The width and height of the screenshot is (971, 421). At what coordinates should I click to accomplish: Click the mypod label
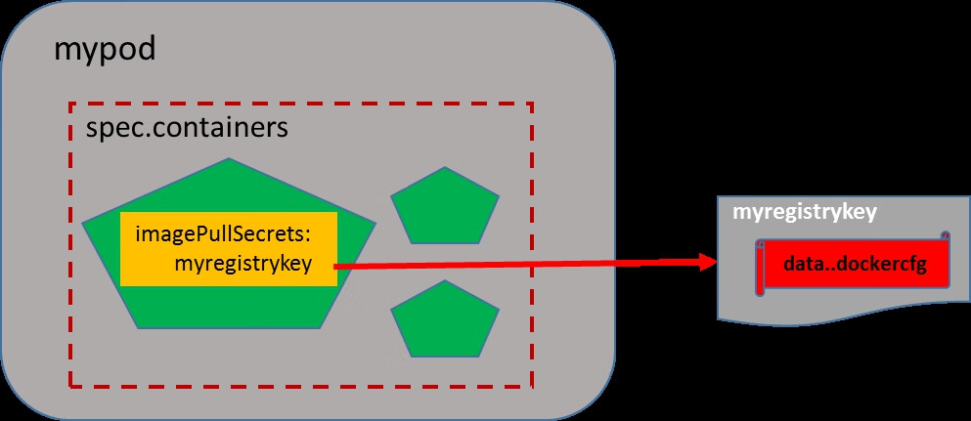tap(105, 50)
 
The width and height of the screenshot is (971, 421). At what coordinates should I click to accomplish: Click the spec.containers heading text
tap(187, 128)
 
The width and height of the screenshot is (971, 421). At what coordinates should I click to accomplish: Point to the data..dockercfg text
tap(854, 264)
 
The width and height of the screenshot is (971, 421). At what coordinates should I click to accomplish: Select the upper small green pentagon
tap(445, 207)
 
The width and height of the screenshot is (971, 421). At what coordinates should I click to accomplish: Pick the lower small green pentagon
tap(445, 322)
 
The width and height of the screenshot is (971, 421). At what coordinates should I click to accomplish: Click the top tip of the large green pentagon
tap(229, 159)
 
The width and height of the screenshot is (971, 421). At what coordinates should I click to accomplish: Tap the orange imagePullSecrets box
tap(228, 248)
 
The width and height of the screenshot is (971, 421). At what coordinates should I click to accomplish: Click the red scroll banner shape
tap(852, 264)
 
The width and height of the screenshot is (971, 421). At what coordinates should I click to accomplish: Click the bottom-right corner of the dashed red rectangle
tap(532, 386)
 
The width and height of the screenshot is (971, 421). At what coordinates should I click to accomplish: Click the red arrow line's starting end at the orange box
tap(338, 266)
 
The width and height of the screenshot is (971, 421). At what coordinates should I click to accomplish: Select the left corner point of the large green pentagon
tap(84, 224)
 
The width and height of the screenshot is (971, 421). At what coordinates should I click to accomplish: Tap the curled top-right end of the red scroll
tap(944, 237)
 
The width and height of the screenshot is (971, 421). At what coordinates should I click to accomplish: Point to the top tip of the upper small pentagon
tap(445, 168)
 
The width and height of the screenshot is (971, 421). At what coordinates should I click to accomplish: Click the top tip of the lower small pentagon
tap(445, 282)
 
